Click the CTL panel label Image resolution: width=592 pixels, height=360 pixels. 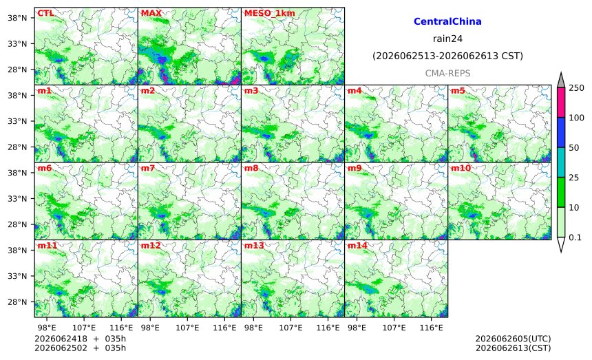pos(45,13)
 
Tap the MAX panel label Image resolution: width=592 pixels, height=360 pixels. pos(151,13)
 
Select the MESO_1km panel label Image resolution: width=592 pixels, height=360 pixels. pos(270,13)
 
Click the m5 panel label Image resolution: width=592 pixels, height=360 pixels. pos(458,91)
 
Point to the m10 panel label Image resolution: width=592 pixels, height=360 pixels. pos(461,169)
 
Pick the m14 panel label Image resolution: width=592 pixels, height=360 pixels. pos(357,246)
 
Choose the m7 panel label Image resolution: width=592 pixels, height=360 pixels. pos(147,169)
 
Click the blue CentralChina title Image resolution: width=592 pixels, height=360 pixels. pos(447,21)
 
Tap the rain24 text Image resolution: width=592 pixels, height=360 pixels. pos(447,39)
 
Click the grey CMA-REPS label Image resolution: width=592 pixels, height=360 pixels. pos(447,73)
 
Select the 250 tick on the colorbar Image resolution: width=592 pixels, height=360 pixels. pos(577,88)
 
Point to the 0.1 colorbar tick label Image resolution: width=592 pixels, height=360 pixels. pos(575,237)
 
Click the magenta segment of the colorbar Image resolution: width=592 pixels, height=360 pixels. pos(561,103)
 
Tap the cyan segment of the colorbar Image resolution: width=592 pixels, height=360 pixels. pos(561,162)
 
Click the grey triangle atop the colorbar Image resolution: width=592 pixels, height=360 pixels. pos(561,80)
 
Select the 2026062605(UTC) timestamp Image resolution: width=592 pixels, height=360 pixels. pos(513,339)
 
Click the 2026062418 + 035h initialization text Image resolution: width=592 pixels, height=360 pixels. pos(80,339)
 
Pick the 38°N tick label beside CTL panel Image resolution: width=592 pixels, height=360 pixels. pos(17,18)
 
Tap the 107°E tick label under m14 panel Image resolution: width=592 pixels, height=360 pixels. pos(394,328)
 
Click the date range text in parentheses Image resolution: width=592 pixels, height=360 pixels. pos(447,56)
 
